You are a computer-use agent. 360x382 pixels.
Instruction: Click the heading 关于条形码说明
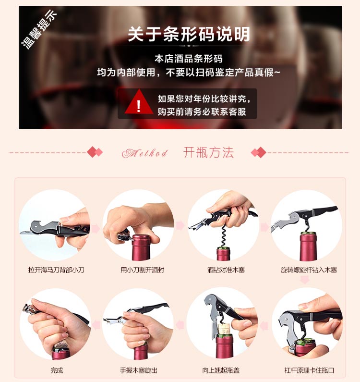click(189, 34)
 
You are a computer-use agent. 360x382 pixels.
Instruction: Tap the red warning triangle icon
click(139, 102)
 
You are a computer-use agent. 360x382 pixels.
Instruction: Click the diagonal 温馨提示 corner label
click(39, 29)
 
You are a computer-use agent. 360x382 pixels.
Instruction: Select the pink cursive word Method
click(145, 153)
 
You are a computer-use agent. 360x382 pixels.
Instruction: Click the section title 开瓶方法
click(208, 152)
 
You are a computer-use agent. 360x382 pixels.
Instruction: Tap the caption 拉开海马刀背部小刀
click(56, 270)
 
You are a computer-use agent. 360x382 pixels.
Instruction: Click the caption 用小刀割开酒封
click(143, 270)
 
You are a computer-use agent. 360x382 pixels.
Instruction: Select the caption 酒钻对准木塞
click(226, 270)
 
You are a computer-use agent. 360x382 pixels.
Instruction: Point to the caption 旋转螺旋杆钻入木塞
click(309, 270)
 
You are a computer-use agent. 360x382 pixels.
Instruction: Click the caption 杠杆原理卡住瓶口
click(309, 370)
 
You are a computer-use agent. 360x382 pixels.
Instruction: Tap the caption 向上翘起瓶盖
click(221, 370)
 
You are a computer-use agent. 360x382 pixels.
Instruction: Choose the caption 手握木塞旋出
click(139, 370)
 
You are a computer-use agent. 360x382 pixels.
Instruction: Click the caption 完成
click(57, 370)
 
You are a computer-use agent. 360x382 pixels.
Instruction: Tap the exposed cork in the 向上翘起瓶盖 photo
click(224, 329)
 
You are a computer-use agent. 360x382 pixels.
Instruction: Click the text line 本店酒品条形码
click(189, 59)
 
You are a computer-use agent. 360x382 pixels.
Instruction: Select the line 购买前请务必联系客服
click(202, 112)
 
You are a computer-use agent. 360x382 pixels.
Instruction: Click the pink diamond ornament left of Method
click(95, 152)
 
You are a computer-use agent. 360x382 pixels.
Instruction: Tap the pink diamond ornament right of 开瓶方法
click(259, 152)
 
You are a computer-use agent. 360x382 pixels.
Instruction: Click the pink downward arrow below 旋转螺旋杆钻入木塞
click(305, 280)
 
